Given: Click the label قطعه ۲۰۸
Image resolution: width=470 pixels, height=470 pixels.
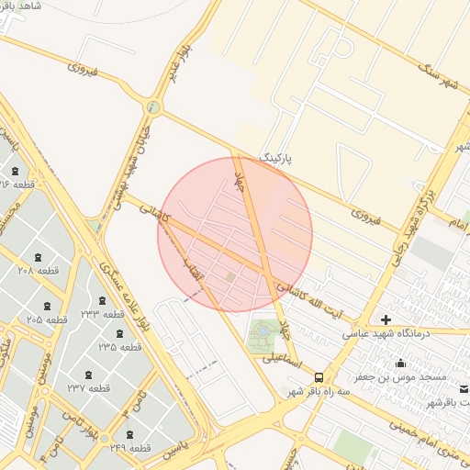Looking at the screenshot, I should tap(39, 271).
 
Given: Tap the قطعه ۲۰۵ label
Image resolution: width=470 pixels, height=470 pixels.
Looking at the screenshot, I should tap(47, 319).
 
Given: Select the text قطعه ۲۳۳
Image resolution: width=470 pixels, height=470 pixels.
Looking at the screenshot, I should tap(102, 314).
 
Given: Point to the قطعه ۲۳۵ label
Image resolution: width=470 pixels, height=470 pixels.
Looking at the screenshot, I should tap(120, 347).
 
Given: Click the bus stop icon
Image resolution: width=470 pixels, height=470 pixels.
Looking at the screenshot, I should tap(319, 376).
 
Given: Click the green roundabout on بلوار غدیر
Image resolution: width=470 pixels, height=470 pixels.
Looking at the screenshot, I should tap(152, 107).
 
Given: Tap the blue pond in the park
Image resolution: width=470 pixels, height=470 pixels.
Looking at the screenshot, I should tap(264, 330).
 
